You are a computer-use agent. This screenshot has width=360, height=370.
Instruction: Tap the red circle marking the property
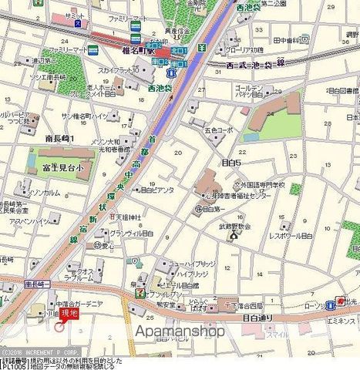[x=59, y=327]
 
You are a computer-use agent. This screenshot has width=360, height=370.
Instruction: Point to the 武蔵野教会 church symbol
[x=234, y=236]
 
